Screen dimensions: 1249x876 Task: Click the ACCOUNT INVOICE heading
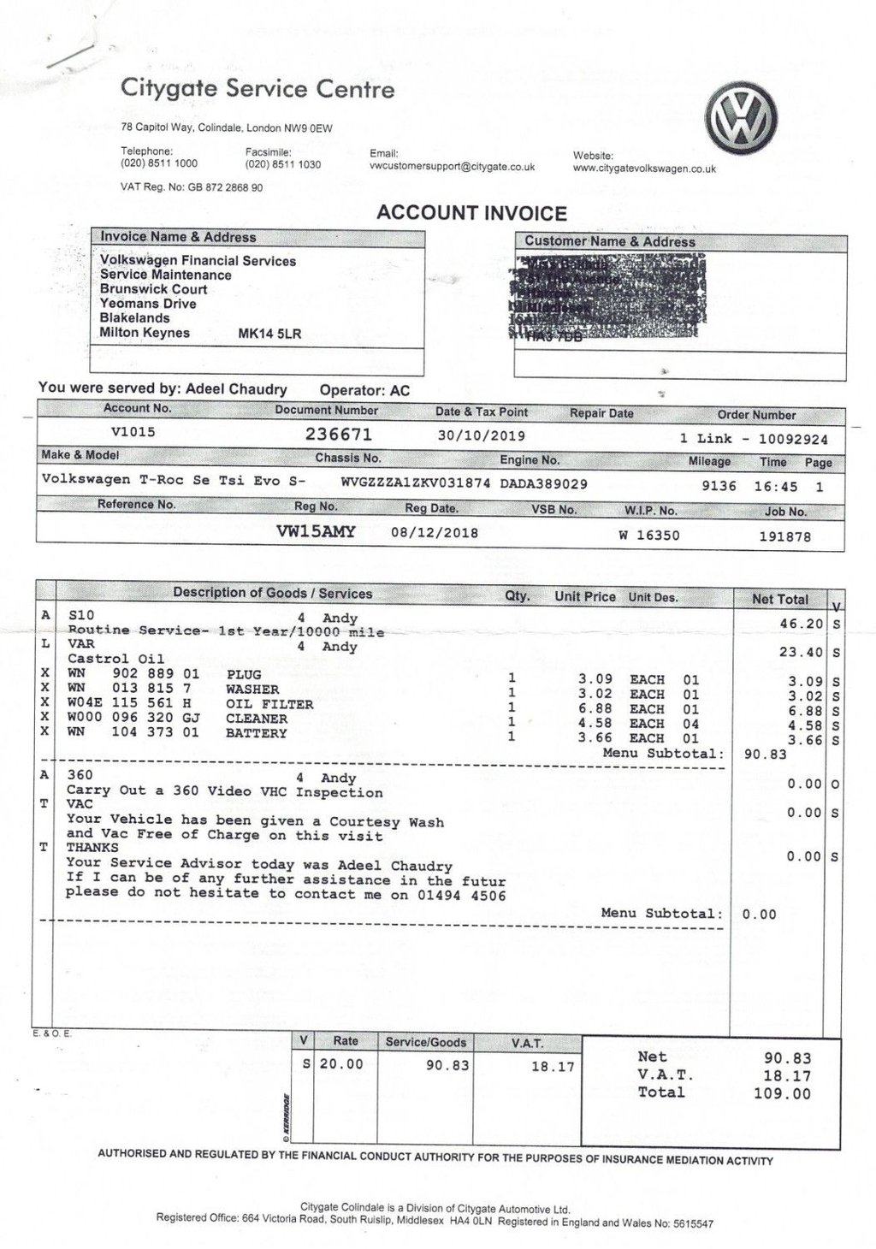coord(471,213)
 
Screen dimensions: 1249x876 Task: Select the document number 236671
coord(339,434)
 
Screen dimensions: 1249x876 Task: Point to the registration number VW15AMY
coord(316,531)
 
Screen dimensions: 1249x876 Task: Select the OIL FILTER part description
coord(269,704)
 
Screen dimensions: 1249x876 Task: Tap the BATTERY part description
coord(256,733)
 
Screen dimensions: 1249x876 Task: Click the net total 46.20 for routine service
coord(801,624)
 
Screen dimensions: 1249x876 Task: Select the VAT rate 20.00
coord(341,1064)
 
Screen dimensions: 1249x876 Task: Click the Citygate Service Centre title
coord(257,88)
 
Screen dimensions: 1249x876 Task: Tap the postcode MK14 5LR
coord(269,333)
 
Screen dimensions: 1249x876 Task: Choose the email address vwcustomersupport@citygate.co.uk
coord(452,167)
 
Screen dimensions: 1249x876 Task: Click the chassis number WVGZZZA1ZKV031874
coord(415,483)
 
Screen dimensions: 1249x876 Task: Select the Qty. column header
coord(517,596)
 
